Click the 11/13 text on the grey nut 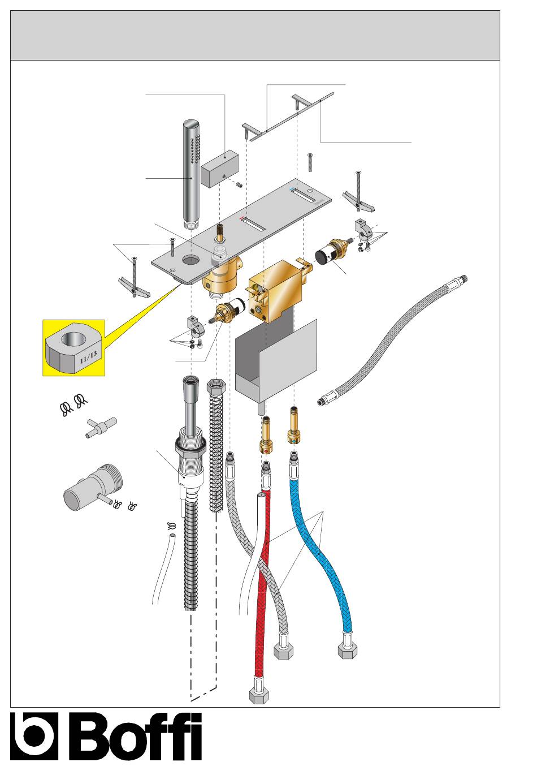tap(89, 357)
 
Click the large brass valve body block tap(276, 291)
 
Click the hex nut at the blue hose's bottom tap(348, 650)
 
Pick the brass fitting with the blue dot tap(293, 427)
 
